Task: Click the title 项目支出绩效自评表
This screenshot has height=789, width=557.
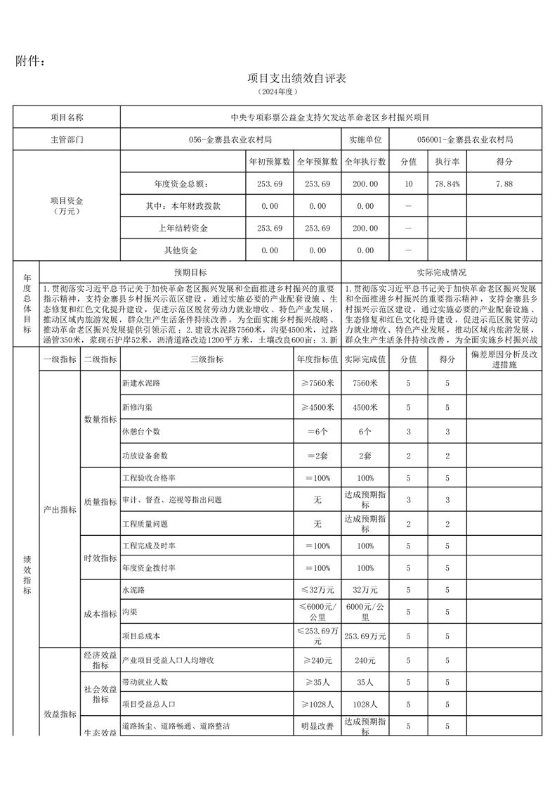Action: click(x=278, y=78)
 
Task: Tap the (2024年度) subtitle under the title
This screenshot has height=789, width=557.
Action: click(x=278, y=92)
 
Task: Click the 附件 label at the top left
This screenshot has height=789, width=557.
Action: click(x=31, y=61)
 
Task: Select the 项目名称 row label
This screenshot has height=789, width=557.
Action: click(x=67, y=117)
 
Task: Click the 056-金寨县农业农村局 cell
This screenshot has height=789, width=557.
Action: click(x=231, y=140)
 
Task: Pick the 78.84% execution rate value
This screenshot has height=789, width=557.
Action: click(x=447, y=184)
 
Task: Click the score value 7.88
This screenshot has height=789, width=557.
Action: click(x=504, y=184)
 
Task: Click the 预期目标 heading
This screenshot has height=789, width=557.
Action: click(x=190, y=272)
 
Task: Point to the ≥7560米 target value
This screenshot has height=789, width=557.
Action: click(x=317, y=383)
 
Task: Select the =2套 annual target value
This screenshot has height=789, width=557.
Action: click(x=317, y=455)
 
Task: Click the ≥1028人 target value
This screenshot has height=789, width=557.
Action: click(x=317, y=704)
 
